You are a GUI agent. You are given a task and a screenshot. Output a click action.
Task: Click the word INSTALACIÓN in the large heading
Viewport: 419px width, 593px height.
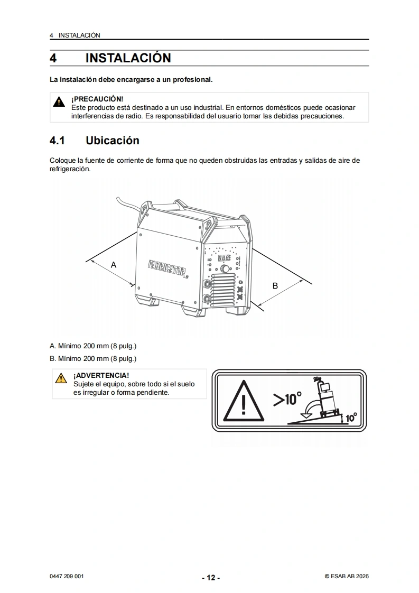click(x=128, y=58)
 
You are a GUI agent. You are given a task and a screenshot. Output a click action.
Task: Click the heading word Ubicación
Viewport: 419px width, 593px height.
click(x=113, y=140)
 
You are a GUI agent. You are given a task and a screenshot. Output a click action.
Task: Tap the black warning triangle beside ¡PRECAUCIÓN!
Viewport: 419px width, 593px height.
click(x=59, y=101)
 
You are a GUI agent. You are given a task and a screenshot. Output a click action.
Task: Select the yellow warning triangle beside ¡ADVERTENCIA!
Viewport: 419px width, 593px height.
click(x=61, y=378)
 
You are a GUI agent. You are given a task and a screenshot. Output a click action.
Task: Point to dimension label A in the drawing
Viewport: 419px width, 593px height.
click(x=114, y=265)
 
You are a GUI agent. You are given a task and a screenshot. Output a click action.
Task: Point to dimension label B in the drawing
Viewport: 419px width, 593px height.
click(x=275, y=286)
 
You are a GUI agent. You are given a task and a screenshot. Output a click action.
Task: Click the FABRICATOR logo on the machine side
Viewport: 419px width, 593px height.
click(x=168, y=268)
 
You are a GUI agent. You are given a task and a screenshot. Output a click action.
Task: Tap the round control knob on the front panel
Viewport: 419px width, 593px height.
click(x=225, y=269)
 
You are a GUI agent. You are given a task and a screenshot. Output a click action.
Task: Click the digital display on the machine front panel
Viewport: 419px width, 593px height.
click(x=224, y=258)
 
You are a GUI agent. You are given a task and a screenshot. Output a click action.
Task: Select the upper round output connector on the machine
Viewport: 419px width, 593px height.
click(x=207, y=283)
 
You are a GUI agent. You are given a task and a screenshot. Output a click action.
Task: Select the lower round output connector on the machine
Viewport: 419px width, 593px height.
click(x=207, y=299)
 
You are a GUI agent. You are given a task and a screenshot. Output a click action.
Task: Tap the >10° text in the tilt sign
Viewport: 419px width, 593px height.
click(x=287, y=399)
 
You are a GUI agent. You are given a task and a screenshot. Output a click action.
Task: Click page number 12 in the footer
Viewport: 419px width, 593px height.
click(x=211, y=578)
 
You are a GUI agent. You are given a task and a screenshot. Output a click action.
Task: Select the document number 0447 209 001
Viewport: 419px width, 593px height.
click(x=67, y=577)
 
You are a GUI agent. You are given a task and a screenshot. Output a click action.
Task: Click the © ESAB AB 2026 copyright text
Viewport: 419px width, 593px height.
click(x=347, y=577)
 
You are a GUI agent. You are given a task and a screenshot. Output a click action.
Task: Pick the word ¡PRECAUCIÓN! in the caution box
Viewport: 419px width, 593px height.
click(x=97, y=99)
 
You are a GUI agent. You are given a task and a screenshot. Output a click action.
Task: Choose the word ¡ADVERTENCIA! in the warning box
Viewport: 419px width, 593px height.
click(x=101, y=376)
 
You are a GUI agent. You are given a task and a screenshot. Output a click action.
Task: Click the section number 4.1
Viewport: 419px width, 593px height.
click(x=57, y=141)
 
